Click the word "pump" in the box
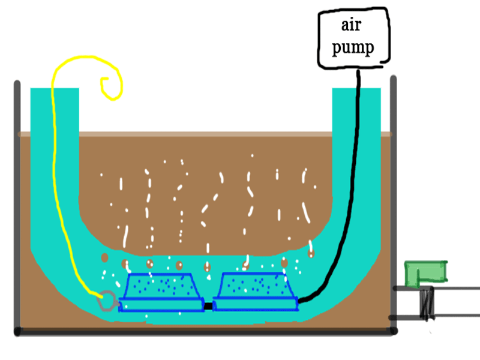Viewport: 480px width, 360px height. [353, 46]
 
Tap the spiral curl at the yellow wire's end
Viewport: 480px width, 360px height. [112, 88]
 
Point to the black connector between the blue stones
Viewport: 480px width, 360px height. [208, 306]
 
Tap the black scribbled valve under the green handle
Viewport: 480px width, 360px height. [427, 302]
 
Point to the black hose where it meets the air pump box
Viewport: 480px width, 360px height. [359, 71]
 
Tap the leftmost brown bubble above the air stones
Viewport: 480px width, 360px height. [104, 257]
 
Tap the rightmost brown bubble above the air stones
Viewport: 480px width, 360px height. [311, 254]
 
